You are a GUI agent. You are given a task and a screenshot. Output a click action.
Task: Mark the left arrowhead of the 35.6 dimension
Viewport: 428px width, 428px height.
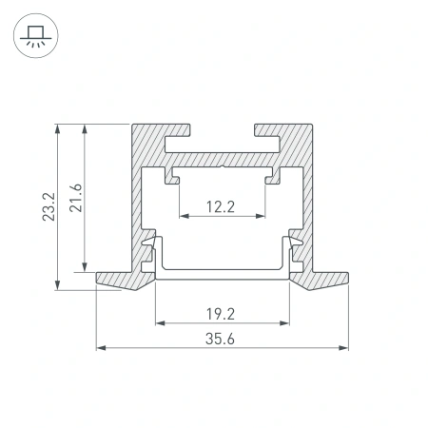coord(102,349)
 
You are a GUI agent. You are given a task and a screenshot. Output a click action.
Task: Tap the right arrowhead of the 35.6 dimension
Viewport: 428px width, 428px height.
coord(344,349)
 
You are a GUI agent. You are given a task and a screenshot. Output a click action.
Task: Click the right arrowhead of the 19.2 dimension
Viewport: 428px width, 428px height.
coord(286,322)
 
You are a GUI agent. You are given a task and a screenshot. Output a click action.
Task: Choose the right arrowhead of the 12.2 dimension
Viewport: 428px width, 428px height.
coord(263,216)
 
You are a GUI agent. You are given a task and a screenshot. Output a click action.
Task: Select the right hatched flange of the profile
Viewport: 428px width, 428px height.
coord(323,279)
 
